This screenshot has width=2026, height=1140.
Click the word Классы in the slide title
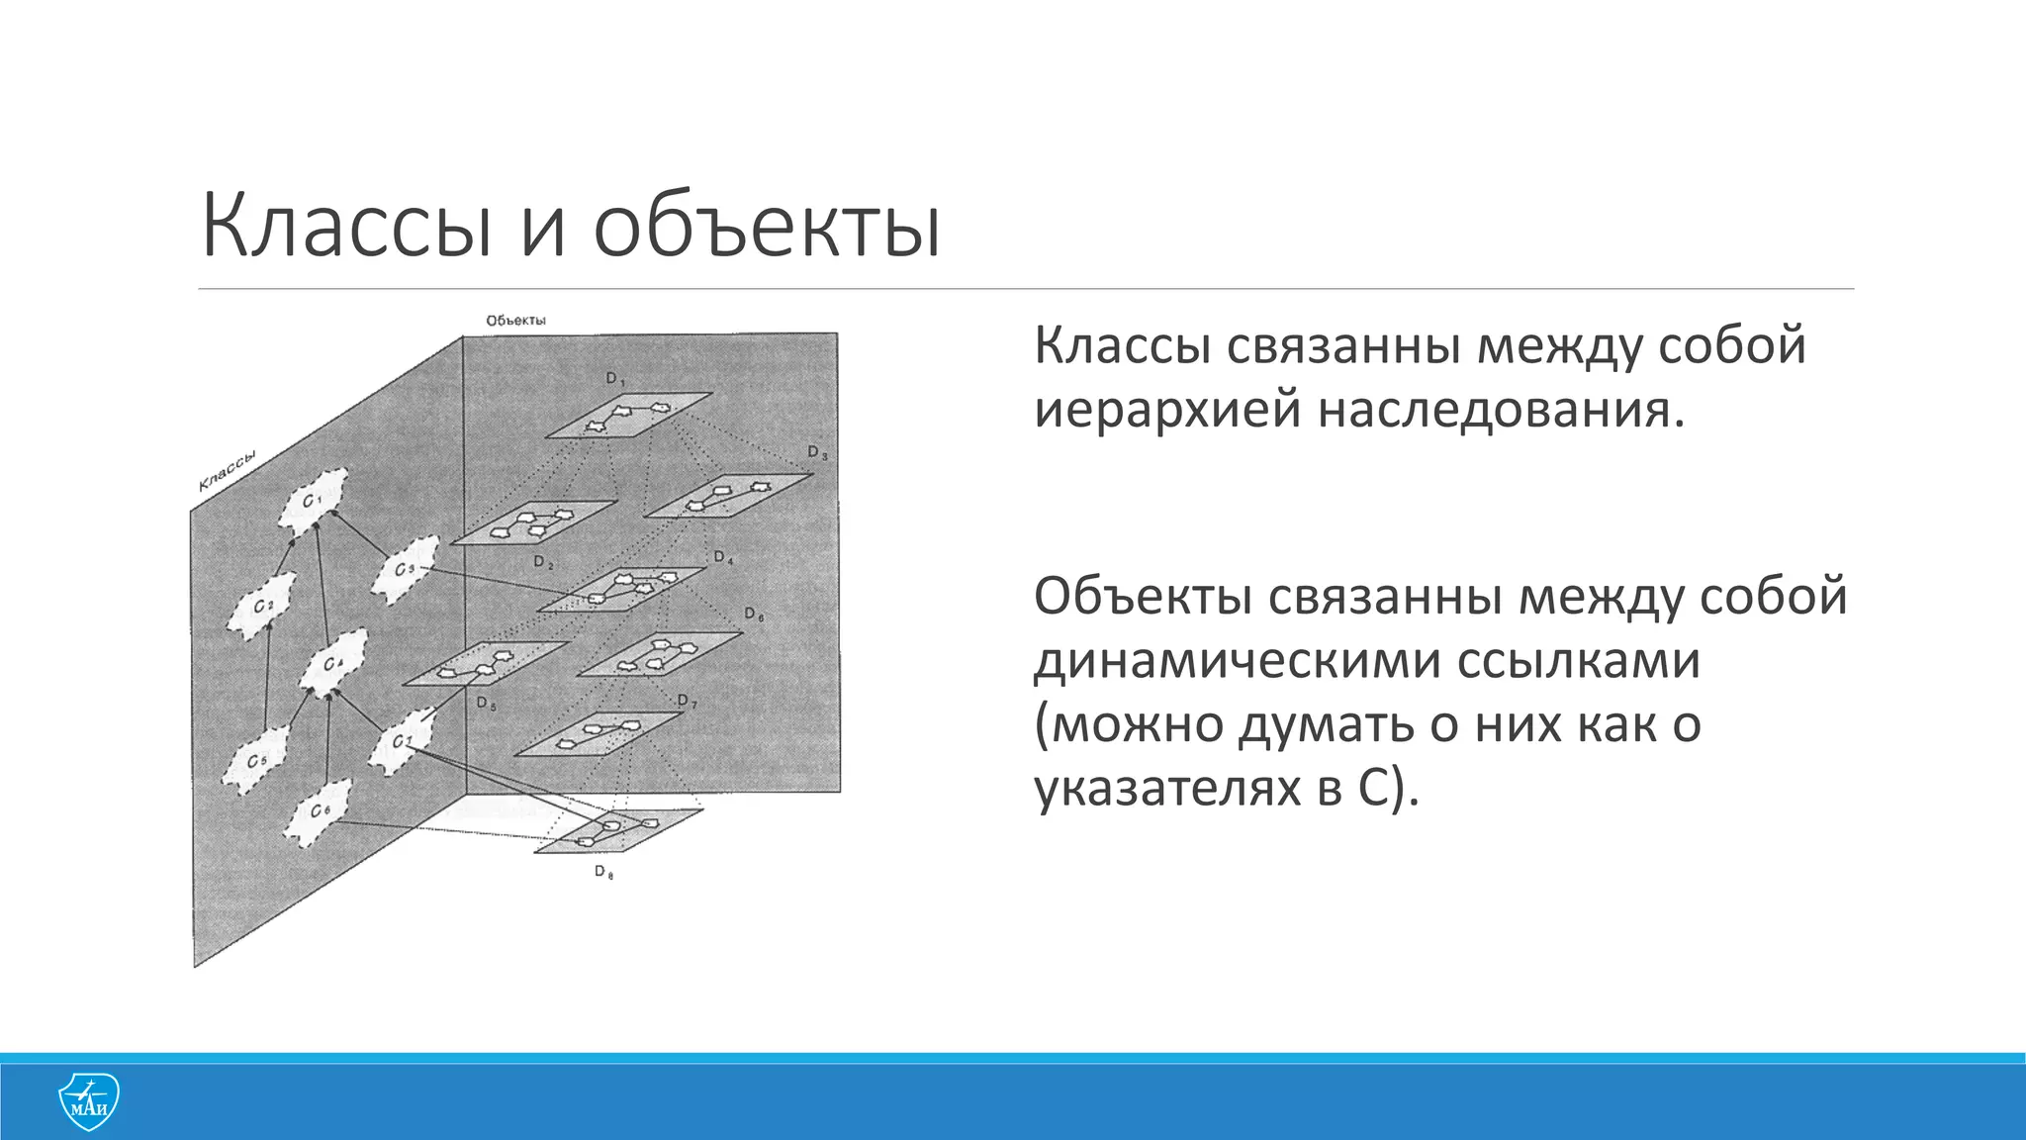click(346, 229)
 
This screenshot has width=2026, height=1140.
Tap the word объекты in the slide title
click(767, 229)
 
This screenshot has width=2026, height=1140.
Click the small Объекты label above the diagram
click(515, 321)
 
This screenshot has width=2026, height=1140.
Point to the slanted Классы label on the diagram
click(228, 470)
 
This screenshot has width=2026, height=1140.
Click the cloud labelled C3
click(404, 570)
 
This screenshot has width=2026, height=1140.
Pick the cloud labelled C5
click(255, 761)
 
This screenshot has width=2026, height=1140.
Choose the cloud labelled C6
click(319, 810)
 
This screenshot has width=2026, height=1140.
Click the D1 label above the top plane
click(615, 378)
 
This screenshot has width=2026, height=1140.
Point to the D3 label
click(817, 452)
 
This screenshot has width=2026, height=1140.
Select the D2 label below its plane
click(543, 562)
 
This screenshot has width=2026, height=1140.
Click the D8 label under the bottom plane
click(603, 872)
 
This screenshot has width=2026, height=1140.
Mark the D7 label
click(687, 702)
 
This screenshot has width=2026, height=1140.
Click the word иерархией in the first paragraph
click(1167, 410)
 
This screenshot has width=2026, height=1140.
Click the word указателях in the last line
click(1167, 789)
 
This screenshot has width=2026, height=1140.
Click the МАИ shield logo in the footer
click(88, 1101)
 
